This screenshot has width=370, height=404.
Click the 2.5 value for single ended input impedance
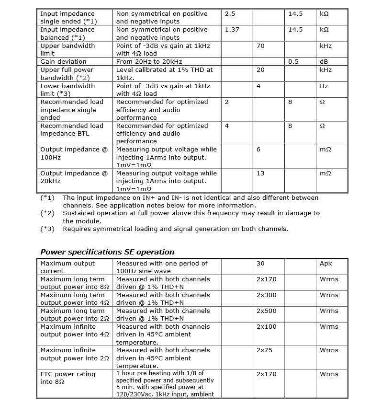pos(230,14)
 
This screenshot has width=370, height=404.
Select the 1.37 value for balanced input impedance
pos(232,30)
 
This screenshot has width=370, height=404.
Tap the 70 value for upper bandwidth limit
pos(260,46)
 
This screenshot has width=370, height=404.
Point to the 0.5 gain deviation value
pos(293,62)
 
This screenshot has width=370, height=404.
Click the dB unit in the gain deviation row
pos(324,62)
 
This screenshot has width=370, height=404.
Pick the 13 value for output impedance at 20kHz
pos(260,173)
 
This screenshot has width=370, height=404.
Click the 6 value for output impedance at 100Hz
pos(258,150)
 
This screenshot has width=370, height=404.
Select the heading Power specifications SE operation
pos(107,252)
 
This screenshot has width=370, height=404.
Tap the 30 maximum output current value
pos(260,264)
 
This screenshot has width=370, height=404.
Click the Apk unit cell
pos(326,264)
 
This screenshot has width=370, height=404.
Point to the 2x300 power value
pos(266,295)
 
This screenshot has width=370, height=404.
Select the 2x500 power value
pos(266,311)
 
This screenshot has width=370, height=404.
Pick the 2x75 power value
pos(264,350)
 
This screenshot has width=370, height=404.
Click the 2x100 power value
pos(266,327)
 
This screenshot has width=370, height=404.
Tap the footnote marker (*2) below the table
pos(47,213)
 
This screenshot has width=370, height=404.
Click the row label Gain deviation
pos(63,62)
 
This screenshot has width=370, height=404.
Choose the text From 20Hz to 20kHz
pos(149,62)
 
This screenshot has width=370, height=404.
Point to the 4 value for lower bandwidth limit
pos(258,86)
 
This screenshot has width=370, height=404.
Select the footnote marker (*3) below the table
pos(47,229)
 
